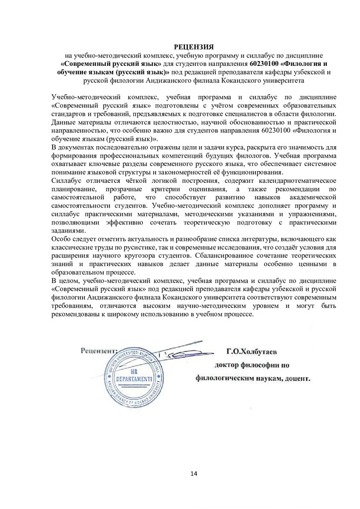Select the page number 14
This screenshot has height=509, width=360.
[193, 474]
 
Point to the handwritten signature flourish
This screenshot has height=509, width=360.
[179, 353]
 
